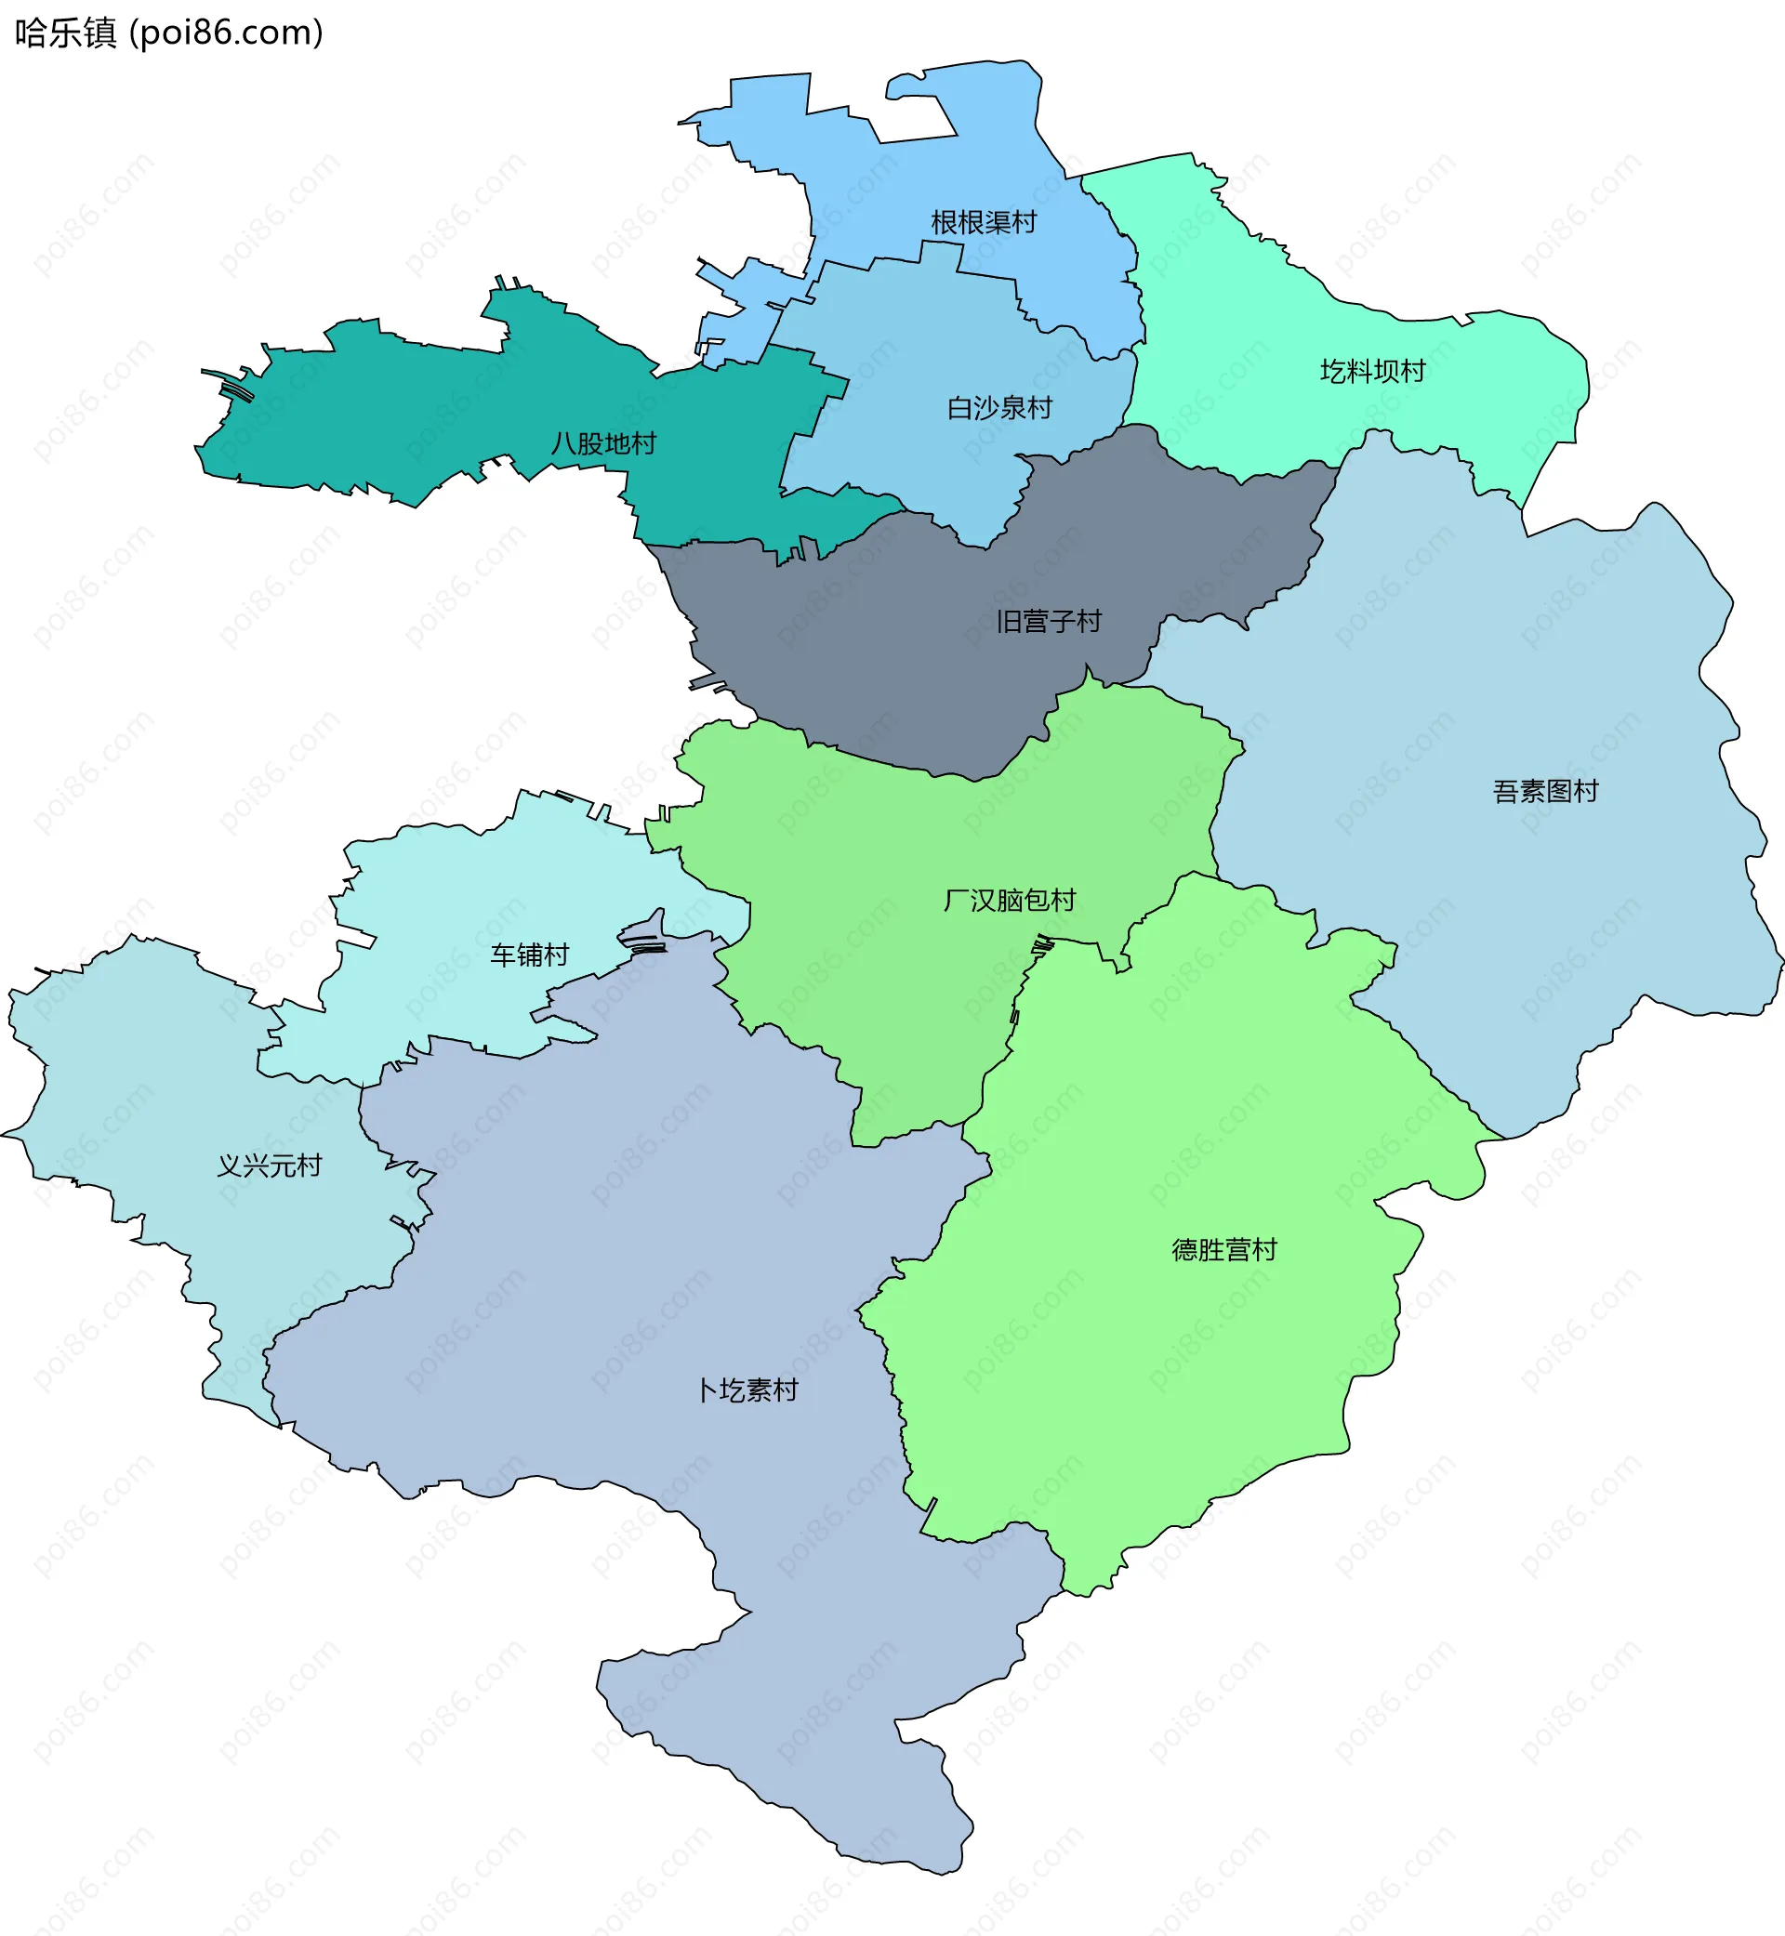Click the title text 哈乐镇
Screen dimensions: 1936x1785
click(65, 33)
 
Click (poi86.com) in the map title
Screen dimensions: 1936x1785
click(226, 33)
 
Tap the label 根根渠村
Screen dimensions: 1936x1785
click(984, 223)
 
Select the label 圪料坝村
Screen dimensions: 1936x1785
click(1372, 372)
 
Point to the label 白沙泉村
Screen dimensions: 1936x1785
click(998, 408)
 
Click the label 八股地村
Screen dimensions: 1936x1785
click(603, 444)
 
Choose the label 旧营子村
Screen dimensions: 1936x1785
click(1048, 622)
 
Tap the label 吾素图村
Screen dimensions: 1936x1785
click(1545, 792)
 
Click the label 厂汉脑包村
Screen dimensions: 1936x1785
click(1010, 901)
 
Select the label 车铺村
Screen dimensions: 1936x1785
click(529, 955)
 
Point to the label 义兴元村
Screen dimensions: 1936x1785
click(269, 1166)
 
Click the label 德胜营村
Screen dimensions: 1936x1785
click(1223, 1250)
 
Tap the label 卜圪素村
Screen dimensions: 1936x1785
click(747, 1390)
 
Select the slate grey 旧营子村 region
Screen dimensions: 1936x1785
click(918, 676)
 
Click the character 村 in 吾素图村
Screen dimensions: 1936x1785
click(1585, 792)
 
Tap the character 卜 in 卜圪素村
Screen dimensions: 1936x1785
click(708, 1390)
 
